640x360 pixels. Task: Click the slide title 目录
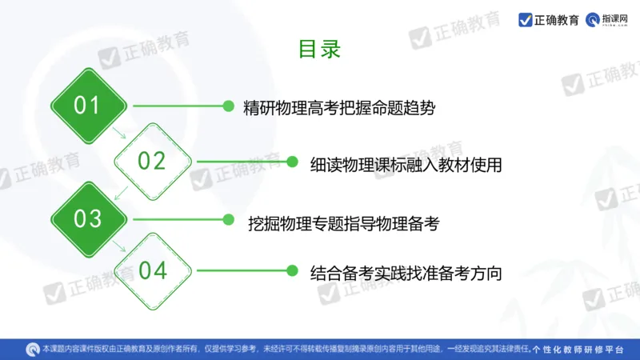[320, 49]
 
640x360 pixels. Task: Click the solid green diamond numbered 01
[88, 106]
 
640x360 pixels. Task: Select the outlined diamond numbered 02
[152, 161]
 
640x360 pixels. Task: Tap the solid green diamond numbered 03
[88, 218]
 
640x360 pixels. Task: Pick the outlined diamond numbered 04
[152, 271]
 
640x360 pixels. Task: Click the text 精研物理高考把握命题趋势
[339, 107]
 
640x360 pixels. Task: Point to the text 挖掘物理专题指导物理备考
[344, 222]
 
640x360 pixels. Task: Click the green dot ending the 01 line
[228, 106]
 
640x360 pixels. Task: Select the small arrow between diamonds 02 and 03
[121, 190]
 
